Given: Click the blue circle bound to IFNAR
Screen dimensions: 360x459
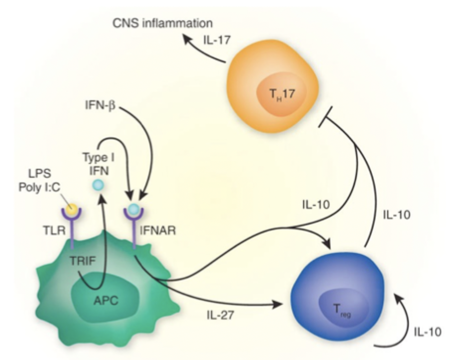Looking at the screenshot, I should pyautogui.click(x=132, y=209).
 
